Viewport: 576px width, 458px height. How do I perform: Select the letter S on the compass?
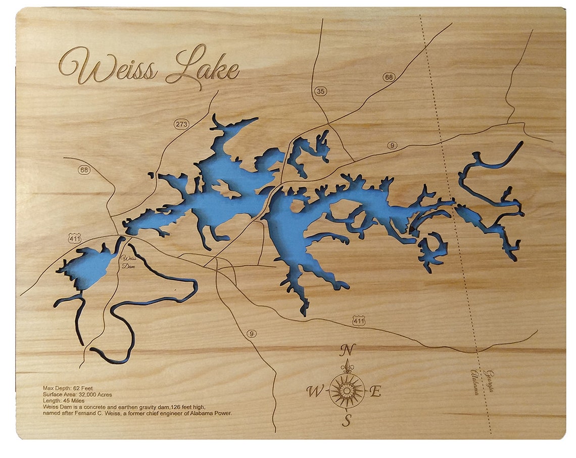[x=347, y=420]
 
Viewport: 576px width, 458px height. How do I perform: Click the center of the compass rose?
[x=347, y=390]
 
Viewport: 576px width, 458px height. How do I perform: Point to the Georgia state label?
[x=489, y=381]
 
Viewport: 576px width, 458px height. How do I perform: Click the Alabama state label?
[x=475, y=382]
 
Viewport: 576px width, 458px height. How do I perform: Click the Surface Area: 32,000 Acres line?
[x=77, y=394]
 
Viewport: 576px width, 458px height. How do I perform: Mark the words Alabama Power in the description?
[x=211, y=413]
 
